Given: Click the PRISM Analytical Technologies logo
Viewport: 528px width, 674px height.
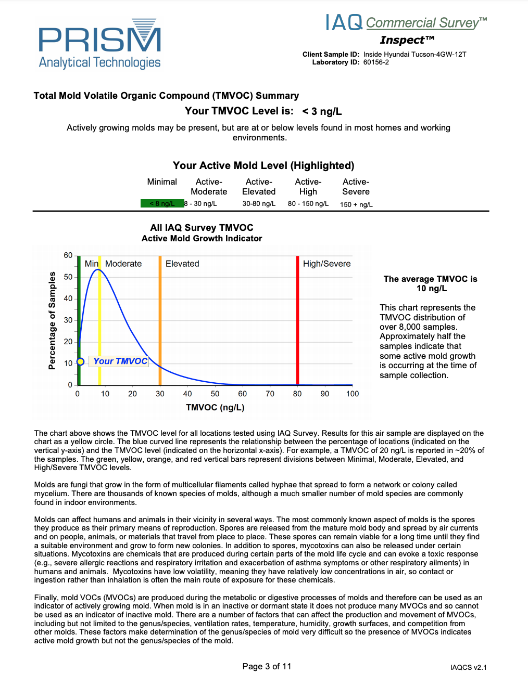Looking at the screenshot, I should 99,45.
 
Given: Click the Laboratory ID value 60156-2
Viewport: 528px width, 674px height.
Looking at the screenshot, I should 376,62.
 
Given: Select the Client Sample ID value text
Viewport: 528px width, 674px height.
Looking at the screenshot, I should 414,54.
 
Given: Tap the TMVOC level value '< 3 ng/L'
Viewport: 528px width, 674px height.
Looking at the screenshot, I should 322,111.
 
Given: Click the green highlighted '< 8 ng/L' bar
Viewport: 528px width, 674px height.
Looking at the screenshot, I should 162,204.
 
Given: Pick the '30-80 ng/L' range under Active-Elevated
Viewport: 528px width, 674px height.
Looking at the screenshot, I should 259,204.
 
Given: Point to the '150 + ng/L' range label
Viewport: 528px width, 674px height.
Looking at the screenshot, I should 356,204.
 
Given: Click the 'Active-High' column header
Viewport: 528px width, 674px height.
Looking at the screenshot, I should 308,187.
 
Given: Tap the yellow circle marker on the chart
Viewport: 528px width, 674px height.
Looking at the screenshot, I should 80,362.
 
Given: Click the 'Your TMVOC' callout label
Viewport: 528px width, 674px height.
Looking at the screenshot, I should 120,361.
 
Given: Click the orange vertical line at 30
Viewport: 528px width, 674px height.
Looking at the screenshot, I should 160,312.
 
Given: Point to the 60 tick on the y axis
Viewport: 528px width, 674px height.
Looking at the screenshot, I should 68,255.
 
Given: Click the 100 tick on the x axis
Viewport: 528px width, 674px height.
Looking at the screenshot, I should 353,394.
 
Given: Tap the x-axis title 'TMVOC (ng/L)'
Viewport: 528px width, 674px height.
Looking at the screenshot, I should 215,407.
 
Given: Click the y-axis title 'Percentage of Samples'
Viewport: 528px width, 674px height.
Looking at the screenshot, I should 52,320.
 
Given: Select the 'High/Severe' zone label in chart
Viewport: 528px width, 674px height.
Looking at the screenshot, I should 326,264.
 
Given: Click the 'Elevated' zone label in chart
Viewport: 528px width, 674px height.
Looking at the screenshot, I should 182,264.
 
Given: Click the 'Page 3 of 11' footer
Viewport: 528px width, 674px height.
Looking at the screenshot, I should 267,666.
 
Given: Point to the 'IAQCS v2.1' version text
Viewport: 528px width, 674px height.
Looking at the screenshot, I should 468,667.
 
